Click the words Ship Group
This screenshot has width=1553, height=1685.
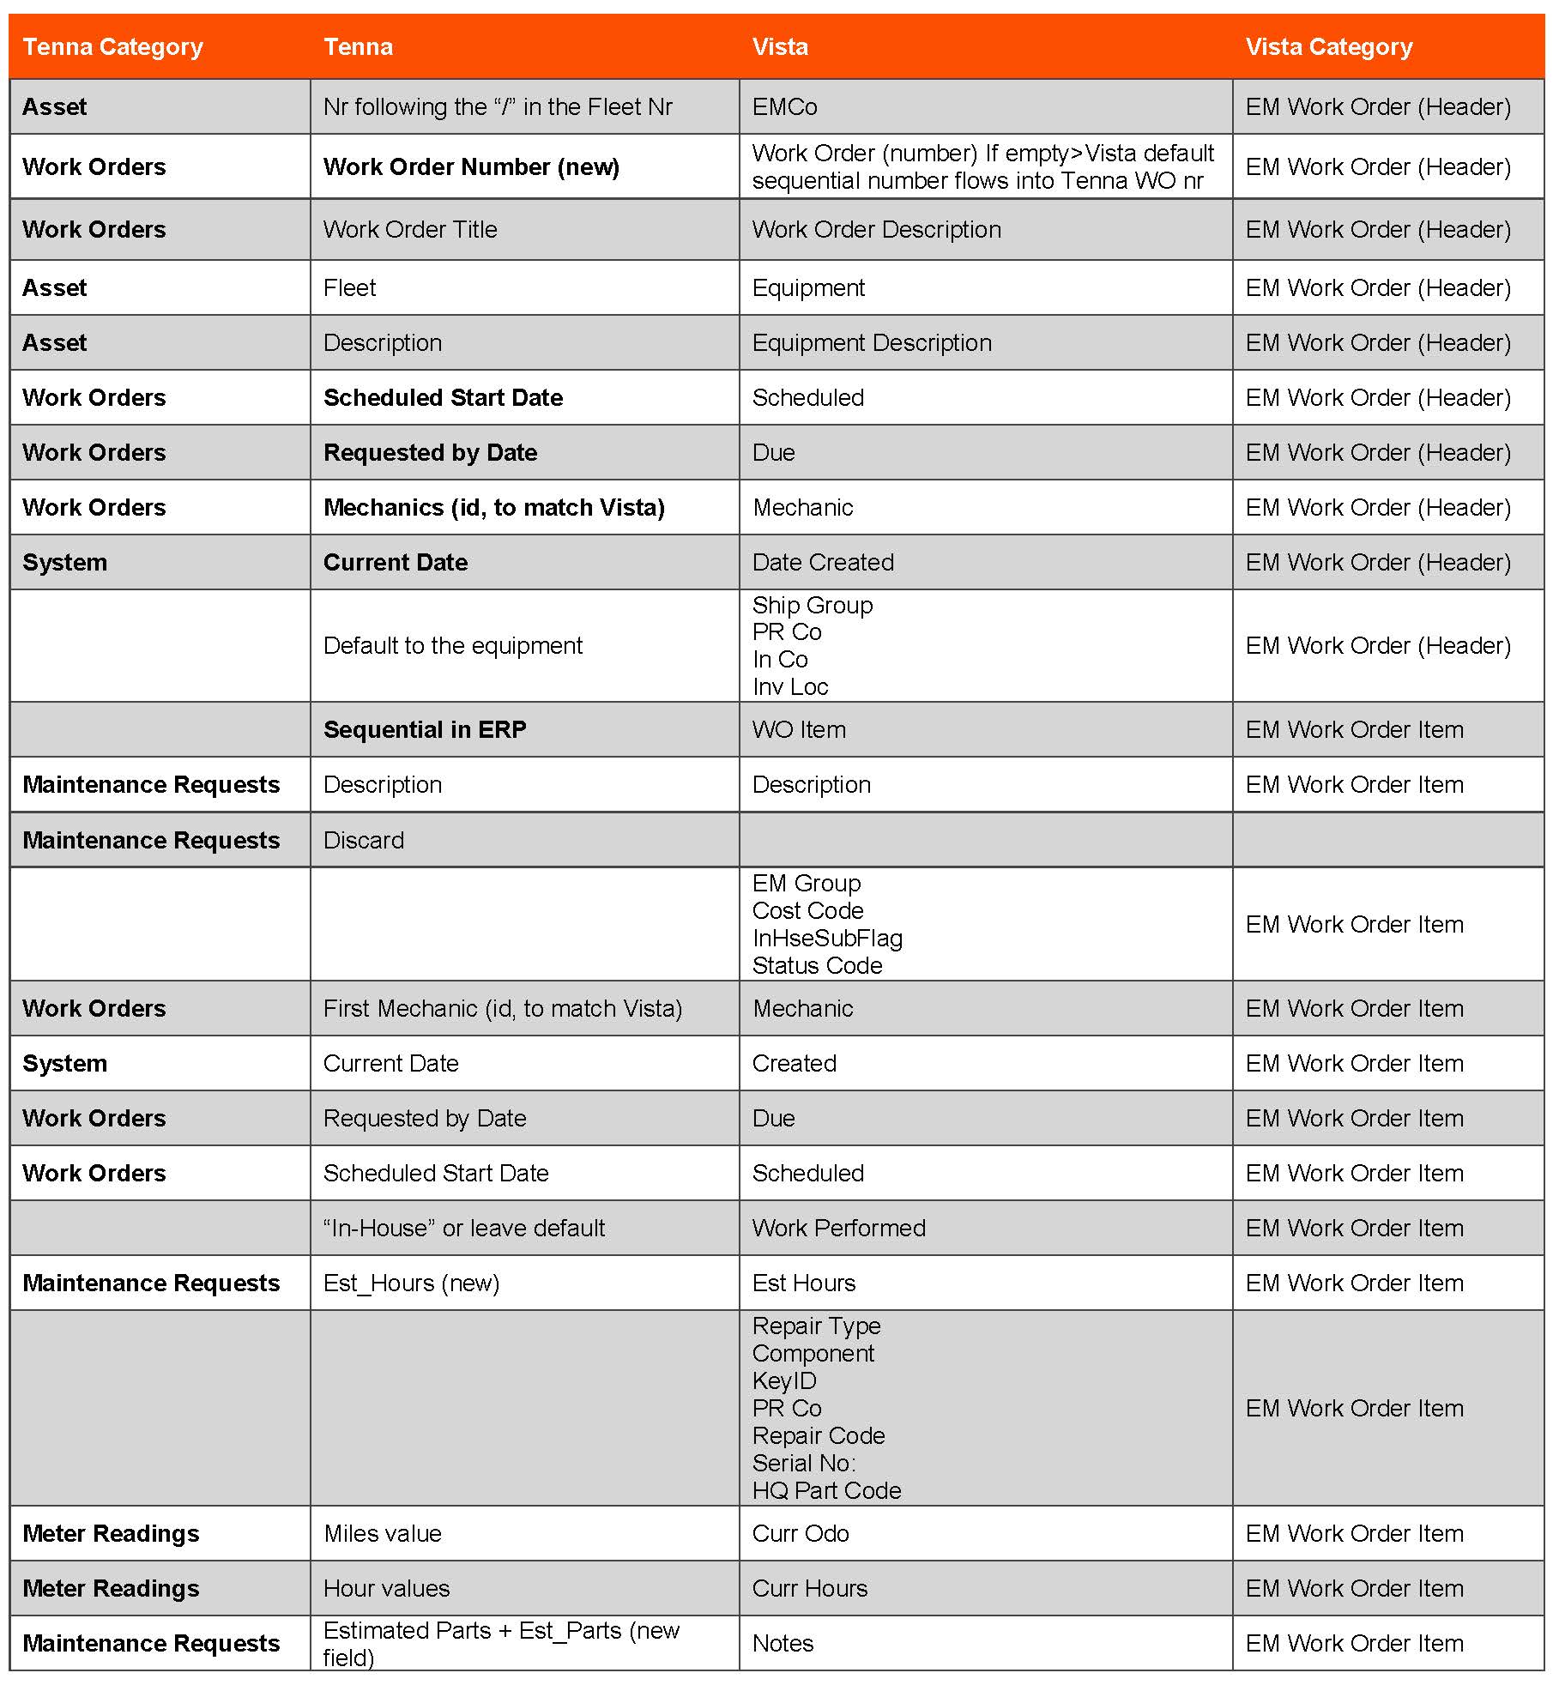tap(812, 606)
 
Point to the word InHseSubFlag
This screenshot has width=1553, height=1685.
tap(827, 939)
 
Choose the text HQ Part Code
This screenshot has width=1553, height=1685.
tap(826, 1491)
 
